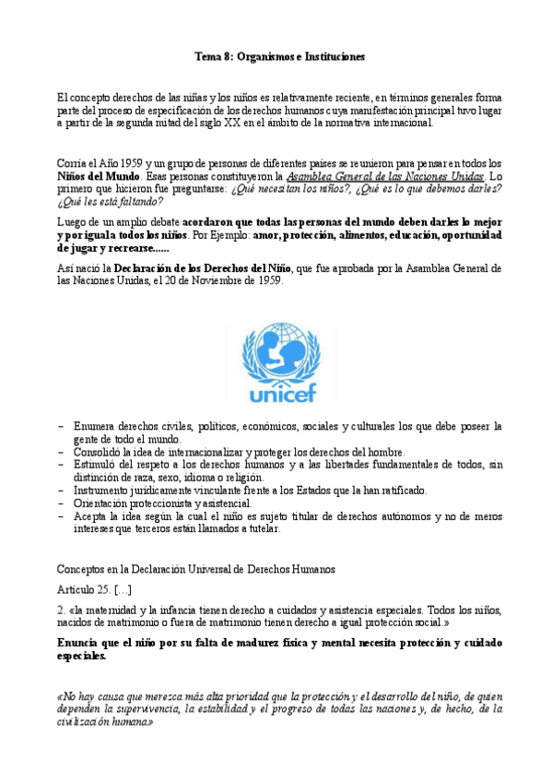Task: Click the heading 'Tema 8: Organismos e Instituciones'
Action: (280, 56)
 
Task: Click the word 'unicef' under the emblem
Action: (281, 396)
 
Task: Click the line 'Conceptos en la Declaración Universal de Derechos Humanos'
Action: (196, 569)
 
